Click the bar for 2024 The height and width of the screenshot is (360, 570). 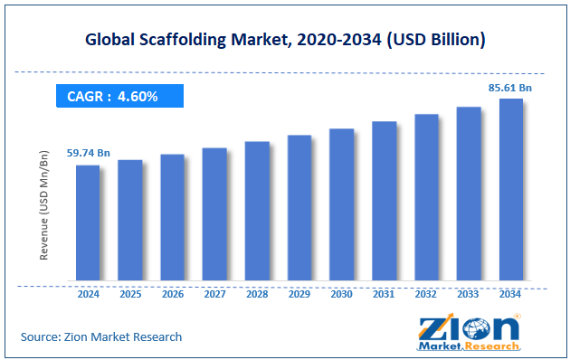87,223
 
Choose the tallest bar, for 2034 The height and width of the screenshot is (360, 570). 510,189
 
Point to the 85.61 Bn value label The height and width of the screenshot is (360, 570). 510,88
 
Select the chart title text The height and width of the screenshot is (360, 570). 284,40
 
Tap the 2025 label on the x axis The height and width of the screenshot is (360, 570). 129,295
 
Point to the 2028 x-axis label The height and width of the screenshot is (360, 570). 257,295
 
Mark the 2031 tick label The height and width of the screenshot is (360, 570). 384,295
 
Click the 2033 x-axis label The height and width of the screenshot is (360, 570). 469,295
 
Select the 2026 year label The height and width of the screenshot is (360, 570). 172,295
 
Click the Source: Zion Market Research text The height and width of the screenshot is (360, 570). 101,336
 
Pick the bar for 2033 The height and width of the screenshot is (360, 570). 469,194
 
